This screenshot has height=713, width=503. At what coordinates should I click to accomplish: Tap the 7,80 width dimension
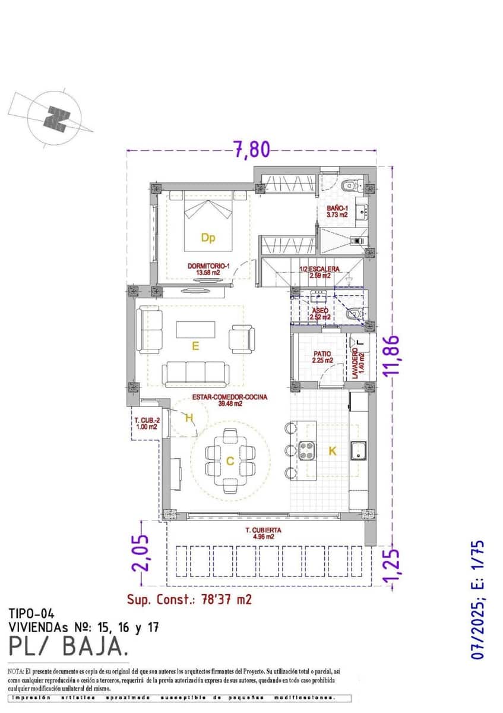tap(251, 149)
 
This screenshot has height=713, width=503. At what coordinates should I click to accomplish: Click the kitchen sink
tap(359, 451)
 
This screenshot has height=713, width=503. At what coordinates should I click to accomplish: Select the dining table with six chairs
tap(230, 460)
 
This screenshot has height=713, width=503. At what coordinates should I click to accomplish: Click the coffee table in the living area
tap(195, 330)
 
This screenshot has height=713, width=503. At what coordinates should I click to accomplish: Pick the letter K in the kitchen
tap(333, 452)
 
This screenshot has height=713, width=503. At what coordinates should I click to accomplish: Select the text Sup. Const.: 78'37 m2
tap(189, 599)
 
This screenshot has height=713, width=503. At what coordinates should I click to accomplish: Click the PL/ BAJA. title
tap(68, 645)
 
